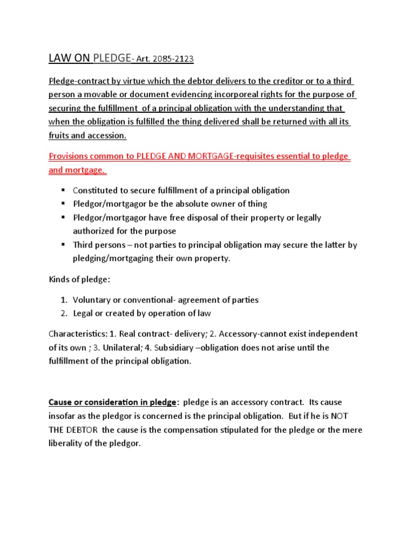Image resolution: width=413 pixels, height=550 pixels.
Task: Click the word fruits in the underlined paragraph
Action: (61, 135)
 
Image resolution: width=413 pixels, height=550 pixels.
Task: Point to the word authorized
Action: (94, 231)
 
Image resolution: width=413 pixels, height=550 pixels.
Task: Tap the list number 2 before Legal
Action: (63, 313)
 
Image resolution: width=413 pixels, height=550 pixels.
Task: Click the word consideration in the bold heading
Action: (111, 402)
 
